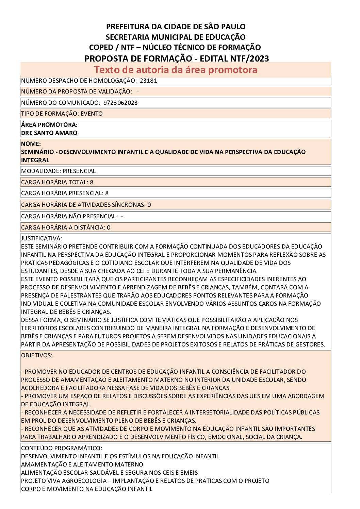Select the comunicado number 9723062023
pyautogui.click(x=120, y=103)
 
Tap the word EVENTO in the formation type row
pyautogui.click(x=92, y=114)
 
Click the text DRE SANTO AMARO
pyautogui.click(x=49, y=133)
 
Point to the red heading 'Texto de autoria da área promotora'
pyautogui.click(x=176, y=70)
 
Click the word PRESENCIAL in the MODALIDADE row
pyautogui.click(x=79, y=171)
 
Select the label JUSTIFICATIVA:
pyautogui.click(x=42, y=238)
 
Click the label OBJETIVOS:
pyautogui.click(x=37, y=355)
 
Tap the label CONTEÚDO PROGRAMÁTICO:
pyautogui.click(x=62, y=448)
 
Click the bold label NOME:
pyautogui.click(x=31, y=144)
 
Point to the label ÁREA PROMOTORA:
pyautogui.click(x=49, y=125)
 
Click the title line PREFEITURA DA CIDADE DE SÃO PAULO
pyautogui.click(x=176, y=27)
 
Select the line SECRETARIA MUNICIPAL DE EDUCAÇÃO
pyautogui.click(x=176, y=37)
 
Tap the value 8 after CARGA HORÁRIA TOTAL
pyautogui.click(x=92, y=182)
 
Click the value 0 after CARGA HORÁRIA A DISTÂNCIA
pyautogui.click(x=109, y=227)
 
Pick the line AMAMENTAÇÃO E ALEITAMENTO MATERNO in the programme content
pyautogui.click(x=82, y=464)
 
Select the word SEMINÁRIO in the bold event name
pyautogui.click(x=37, y=152)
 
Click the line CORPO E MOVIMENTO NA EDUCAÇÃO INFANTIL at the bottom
pyautogui.click(x=87, y=489)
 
